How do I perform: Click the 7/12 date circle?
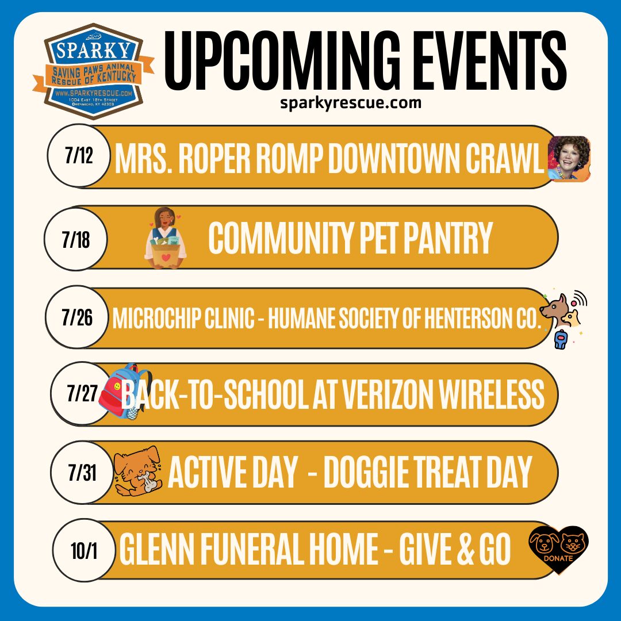click(79, 155)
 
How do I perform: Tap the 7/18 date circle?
click(76, 239)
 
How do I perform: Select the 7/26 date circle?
click(77, 317)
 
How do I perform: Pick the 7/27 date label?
click(82, 393)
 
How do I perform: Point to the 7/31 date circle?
click(82, 471)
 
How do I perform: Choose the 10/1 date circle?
click(84, 550)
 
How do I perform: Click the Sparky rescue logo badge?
click(94, 71)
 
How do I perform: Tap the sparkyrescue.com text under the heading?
click(351, 103)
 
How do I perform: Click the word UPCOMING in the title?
click(282, 60)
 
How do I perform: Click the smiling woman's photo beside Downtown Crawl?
click(569, 159)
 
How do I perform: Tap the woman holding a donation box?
click(166, 238)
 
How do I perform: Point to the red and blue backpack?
click(124, 392)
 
